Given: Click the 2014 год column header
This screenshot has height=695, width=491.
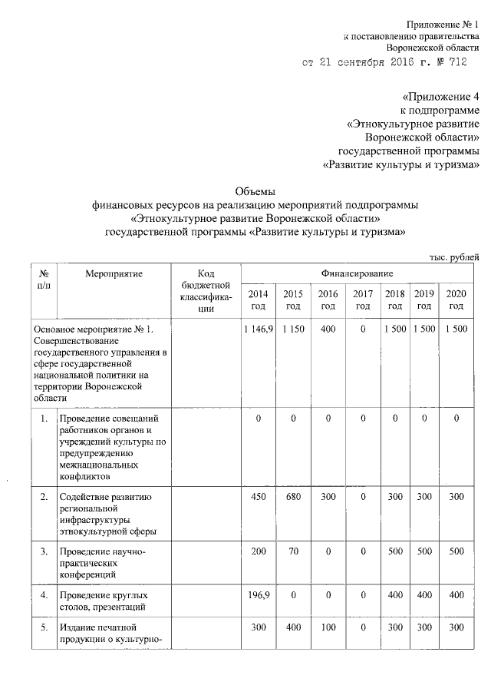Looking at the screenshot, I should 258,300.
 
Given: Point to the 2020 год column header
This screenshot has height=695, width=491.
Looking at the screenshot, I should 456,300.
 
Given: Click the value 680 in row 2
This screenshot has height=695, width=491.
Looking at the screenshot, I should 292,497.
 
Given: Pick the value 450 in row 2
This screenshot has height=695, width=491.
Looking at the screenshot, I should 259,497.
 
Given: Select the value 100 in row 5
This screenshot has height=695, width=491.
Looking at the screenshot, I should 328,627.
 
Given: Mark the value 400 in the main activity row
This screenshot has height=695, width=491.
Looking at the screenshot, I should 328,329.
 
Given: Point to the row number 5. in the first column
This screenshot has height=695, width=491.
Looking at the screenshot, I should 44,627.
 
